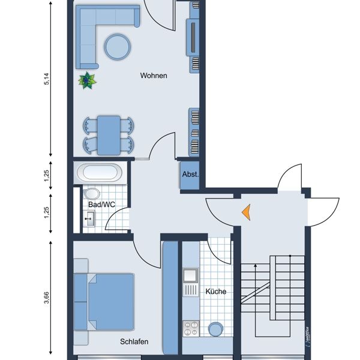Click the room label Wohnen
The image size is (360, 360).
pyautogui.click(x=154, y=76)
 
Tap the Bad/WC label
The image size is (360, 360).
pyautogui.click(x=101, y=205)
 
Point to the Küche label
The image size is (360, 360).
pyautogui.click(x=215, y=292)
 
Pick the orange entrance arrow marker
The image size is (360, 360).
pyautogui.click(x=245, y=211)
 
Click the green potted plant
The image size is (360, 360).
pyautogui.click(x=88, y=80)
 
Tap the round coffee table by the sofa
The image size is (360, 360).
pyautogui.click(x=117, y=46)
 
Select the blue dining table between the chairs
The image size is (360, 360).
pyautogui.click(x=109, y=134)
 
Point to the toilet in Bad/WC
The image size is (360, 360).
pyautogui.click(x=91, y=194)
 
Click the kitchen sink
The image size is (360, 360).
pyautogui.click(x=191, y=277)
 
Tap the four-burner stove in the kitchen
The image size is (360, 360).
pyautogui.click(x=191, y=329)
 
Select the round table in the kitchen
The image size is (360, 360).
pyautogui.click(x=215, y=329)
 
